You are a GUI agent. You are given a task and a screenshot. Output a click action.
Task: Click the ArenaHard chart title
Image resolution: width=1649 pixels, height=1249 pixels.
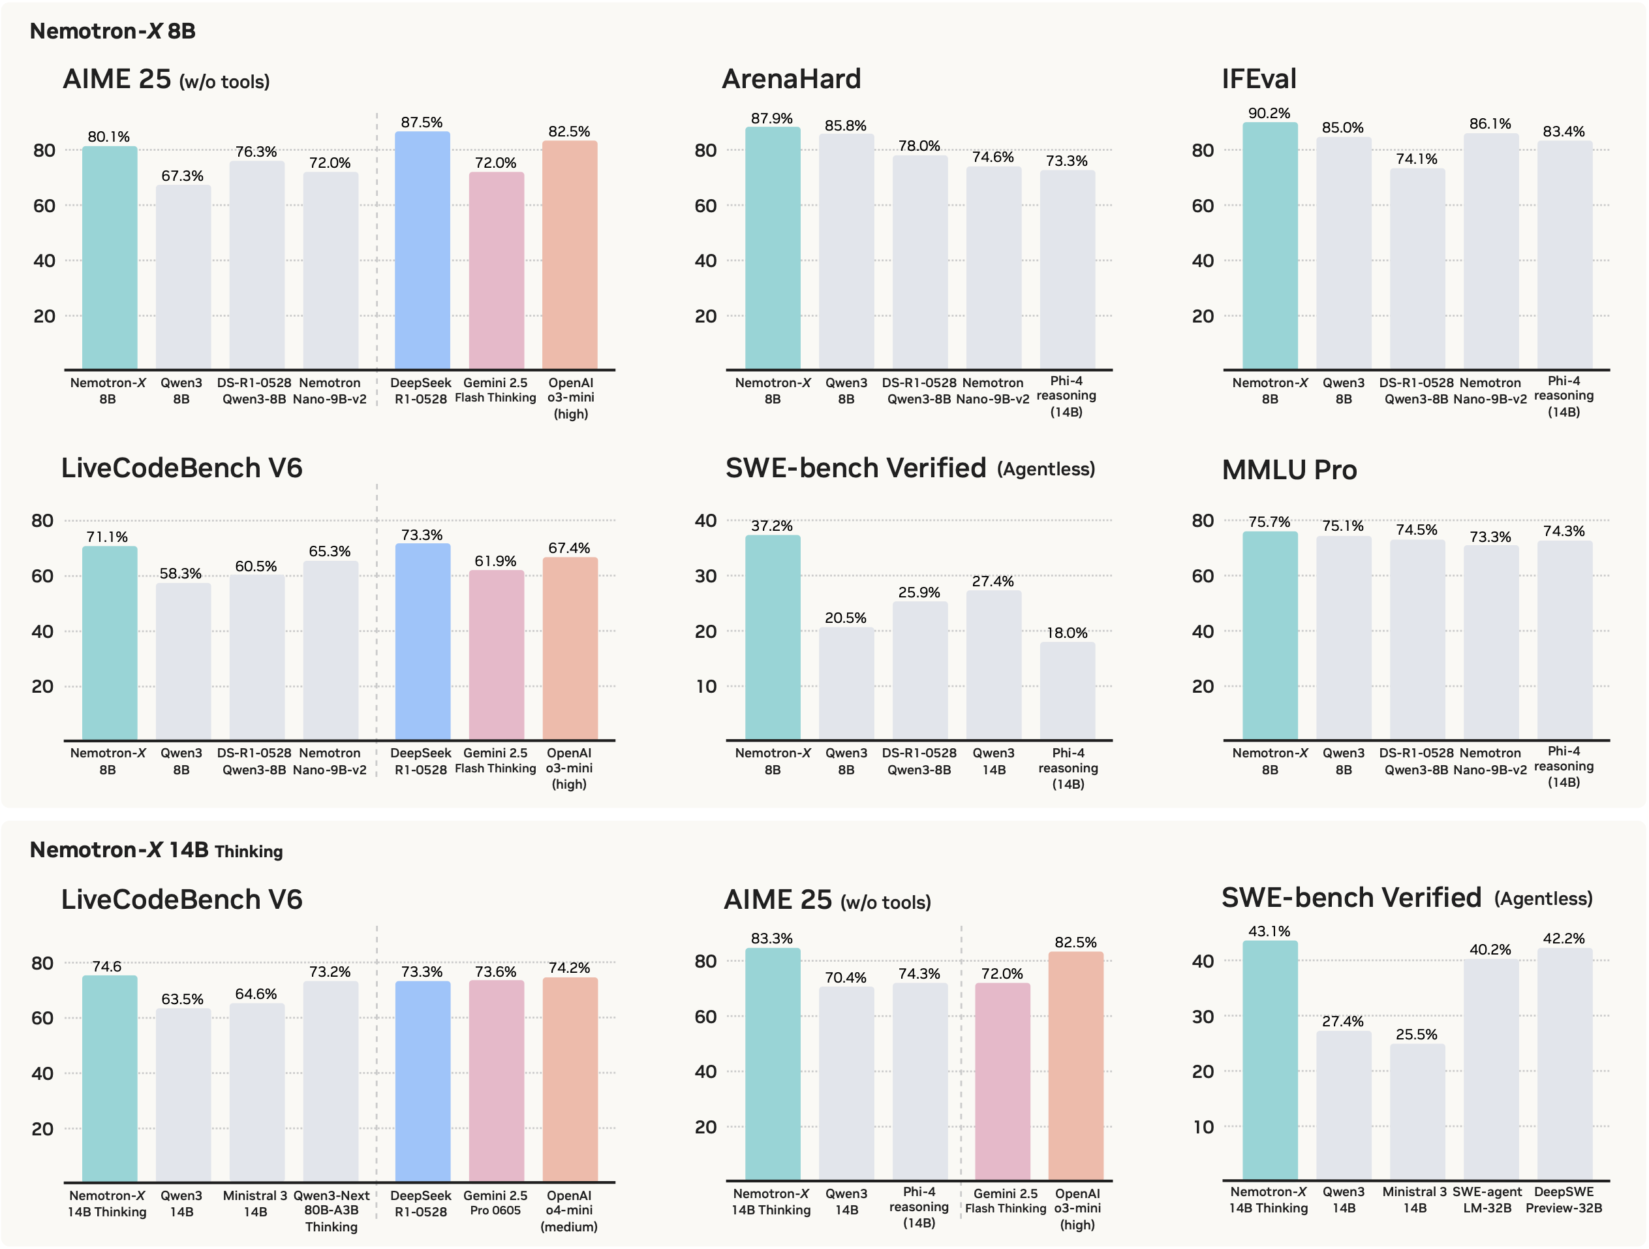pyautogui.click(x=791, y=79)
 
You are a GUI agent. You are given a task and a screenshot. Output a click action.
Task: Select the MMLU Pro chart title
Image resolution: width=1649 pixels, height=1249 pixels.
pyautogui.click(x=1289, y=470)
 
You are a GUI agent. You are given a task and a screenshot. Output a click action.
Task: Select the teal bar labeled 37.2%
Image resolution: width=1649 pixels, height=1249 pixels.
pyautogui.click(x=773, y=637)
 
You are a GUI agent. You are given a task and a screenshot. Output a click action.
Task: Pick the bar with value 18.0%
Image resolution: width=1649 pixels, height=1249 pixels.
pyautogui.click(x=1068, y=691)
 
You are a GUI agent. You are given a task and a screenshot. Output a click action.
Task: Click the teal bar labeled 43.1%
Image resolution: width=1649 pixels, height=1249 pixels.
pyautogui.click(x=1270, y=1060)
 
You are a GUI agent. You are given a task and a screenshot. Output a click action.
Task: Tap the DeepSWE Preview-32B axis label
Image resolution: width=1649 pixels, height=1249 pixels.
pyautogui.click(x=1564, y=1200)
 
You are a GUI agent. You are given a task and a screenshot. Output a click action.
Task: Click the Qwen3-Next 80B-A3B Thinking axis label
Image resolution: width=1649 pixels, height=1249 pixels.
pyautogui.click(x=331, y=1211)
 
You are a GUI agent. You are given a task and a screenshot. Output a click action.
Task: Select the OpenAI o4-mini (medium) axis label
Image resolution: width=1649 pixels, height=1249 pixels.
pyautogui.click(x=569, y=1211)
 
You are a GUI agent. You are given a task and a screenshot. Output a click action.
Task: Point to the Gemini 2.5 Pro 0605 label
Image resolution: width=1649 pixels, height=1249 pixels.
pyautogui.click(x=495, y=1203)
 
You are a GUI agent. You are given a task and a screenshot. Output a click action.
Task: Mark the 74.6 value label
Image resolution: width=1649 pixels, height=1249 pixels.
pyautogui.click(x=106, y=966)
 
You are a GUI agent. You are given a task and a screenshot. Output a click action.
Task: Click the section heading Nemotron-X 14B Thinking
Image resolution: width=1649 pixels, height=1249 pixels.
pyautogui.click(x=156, y=850)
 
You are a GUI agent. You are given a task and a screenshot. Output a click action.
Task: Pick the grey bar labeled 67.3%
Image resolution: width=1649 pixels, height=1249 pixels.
pyautogui.click(x=183, y=277)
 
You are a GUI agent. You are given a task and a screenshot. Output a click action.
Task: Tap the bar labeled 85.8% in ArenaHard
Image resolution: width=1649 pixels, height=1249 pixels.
pyautogui.click(x=846, y=251)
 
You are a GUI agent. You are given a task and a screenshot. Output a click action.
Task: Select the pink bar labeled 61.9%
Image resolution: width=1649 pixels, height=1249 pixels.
pyautogui.click(x=497, y=655)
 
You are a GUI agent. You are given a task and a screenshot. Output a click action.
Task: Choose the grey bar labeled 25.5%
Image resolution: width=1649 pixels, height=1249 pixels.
pyautogui.click(x=1417, y=1112)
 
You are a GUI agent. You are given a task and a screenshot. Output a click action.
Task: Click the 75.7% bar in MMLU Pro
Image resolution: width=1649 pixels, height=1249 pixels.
pyautogui.click(x=1270, y=635)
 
